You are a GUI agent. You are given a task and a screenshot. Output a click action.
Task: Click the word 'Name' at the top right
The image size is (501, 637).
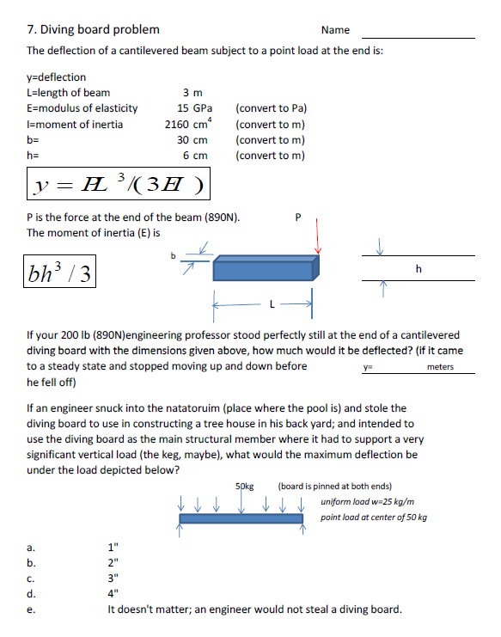(334, 30)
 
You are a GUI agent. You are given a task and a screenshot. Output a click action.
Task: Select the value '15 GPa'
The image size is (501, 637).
(194, 108)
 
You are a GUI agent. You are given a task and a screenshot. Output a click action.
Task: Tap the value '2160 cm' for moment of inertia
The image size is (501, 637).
(187, 124)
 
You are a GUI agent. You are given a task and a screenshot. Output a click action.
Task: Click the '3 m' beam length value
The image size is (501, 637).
(192, 93)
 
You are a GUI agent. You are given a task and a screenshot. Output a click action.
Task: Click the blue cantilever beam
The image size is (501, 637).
(266, 267)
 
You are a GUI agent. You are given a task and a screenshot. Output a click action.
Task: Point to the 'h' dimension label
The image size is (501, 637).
(418, 269)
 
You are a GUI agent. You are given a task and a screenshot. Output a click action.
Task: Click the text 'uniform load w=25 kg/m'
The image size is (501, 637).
(366, 501)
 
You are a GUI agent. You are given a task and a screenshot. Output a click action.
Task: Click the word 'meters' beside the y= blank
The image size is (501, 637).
(439, 367)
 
